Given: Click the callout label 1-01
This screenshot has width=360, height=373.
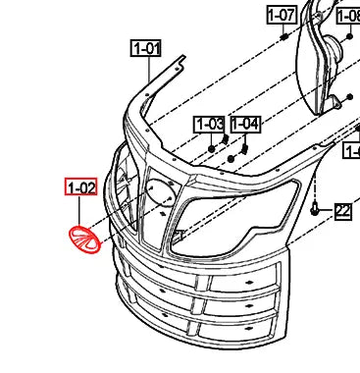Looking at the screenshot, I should pyautogui.click(x=146, y=47).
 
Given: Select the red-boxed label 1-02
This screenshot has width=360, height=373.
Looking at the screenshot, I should pyautogui.click(x=80, y=186).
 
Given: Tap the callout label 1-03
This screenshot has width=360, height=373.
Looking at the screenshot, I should pyautogui.click(x=209, y=124).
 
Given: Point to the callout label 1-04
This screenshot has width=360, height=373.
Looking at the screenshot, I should pyautogui.click(x=245, y=124).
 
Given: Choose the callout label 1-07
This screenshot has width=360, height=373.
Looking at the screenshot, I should pyautogui.click(x=282, y=15).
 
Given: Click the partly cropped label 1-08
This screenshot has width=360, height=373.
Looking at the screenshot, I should pyautogui.click(x=349, y=15).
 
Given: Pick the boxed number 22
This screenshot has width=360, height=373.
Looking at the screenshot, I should pyautogui.click(x=342, y=210).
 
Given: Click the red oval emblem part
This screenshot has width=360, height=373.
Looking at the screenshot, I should pyautogui.click(x=84, y=240).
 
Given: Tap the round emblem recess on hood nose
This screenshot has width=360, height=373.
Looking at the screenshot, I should pyautogui.click(x=159, y=196).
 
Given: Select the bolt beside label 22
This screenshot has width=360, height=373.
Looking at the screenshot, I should pyautogui.click(x=315, y=209).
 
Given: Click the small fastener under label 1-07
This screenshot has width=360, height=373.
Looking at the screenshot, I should pyautogui.click(x=283, y=37).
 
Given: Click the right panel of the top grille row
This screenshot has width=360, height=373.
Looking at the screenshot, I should pyautogui.click(x=251, y=281).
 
